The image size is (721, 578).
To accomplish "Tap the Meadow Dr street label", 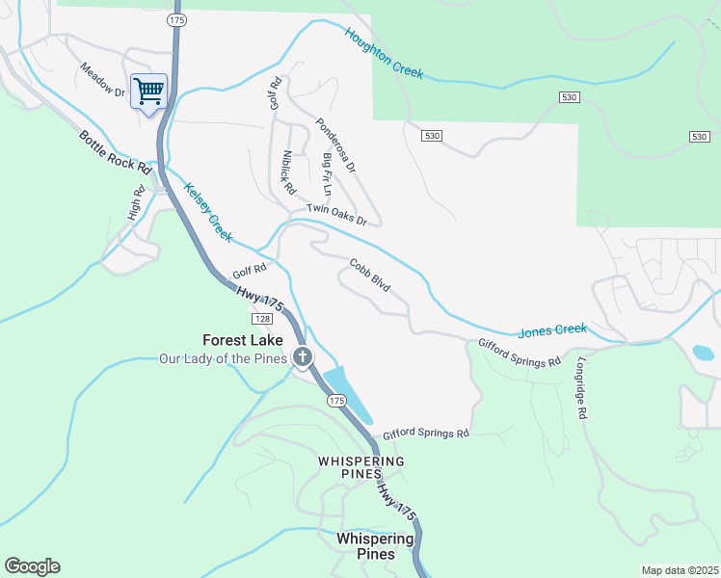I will tap(103, 80).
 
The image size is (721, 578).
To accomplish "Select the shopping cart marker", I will tap(148, 92).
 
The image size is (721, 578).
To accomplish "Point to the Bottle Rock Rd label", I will tap(117, 152).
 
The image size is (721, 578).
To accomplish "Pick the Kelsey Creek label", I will tap(208, 212).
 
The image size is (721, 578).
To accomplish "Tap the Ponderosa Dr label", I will tap(335, 145).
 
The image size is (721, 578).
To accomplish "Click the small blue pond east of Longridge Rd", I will tap(704, 353).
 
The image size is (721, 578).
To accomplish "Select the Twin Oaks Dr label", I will tap(337, 215).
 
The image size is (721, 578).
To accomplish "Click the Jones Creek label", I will tap(552, 330).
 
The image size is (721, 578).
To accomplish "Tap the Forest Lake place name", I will tap(243, 340).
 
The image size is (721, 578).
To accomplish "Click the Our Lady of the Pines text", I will tap(224, 359).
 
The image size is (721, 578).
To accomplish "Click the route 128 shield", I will tap(262, 318).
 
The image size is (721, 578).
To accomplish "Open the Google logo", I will tap(32, 566).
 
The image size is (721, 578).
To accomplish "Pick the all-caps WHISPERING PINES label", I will tap(361, 467).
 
